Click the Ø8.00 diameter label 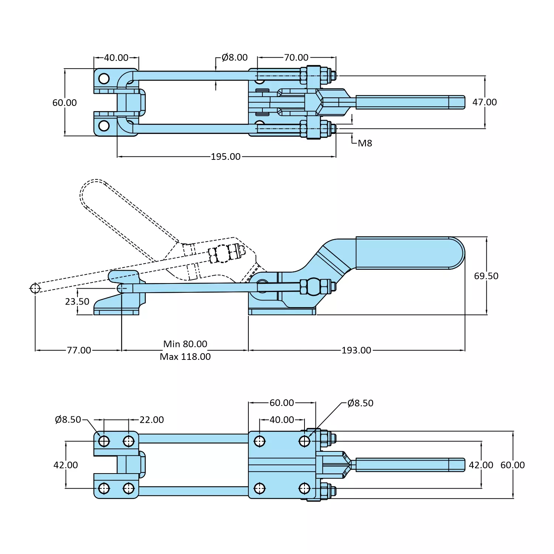pyautogui.click(x=234, y=58)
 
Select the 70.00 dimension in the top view pyautogui.click(x=296, y=58)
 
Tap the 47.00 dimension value pyautogui.click(x=484, y=102)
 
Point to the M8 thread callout pyautogui.click(x=365, y=143)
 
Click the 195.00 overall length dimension pyautogui.click(x=226, y=156)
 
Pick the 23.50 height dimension pyautogui.click(x=77, y=302)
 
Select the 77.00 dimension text pyautogui.click(x=79, y=350)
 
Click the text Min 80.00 pyautogui.click(x=185, y=344)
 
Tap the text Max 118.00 pyautogui.click(x=185, y=357)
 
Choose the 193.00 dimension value pyautogui.click(x=356, y=350)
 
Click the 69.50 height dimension pyautogui.click(x=486, y=276)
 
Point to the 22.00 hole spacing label pyautogui.click(x=151, y=420)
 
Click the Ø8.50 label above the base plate pyautogui.click(x=360, y=403)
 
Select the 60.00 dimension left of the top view pyautogui.click(x=65, y=103)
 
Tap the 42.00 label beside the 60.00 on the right pyautogui.click(x=481, y=465)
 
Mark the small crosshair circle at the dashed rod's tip pyautogui.click(x=35, y=288)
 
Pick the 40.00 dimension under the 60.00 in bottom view pyautogui.click(x=282, y=420)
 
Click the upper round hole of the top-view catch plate pyautogui.click(x=104, y=79)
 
